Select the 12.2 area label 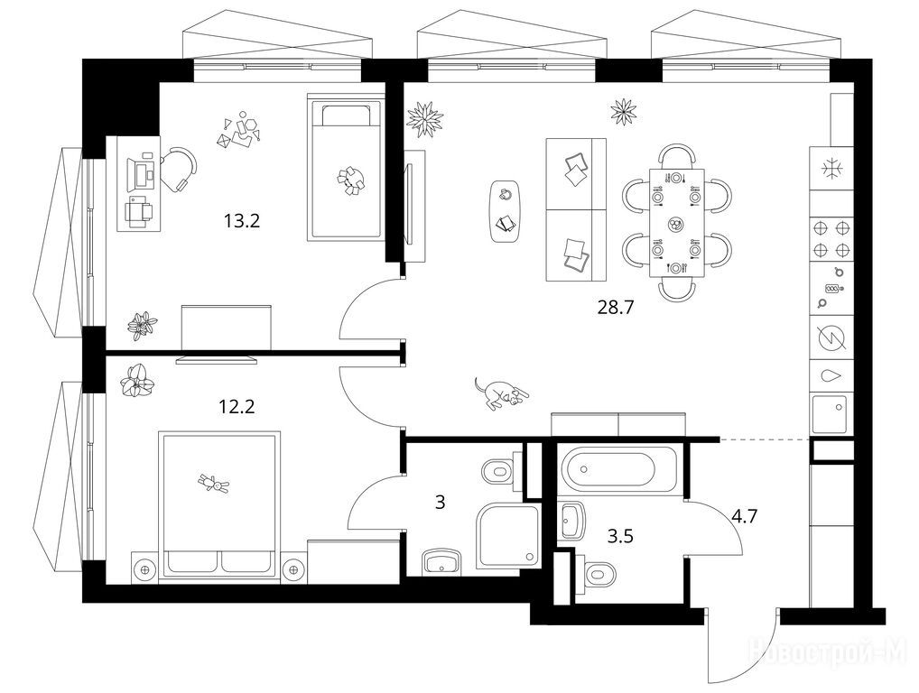237,406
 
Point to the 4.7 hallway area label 746,517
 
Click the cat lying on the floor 499,393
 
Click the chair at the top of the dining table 678,156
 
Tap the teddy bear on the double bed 213,485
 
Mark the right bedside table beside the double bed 292,568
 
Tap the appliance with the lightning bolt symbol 830,338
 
